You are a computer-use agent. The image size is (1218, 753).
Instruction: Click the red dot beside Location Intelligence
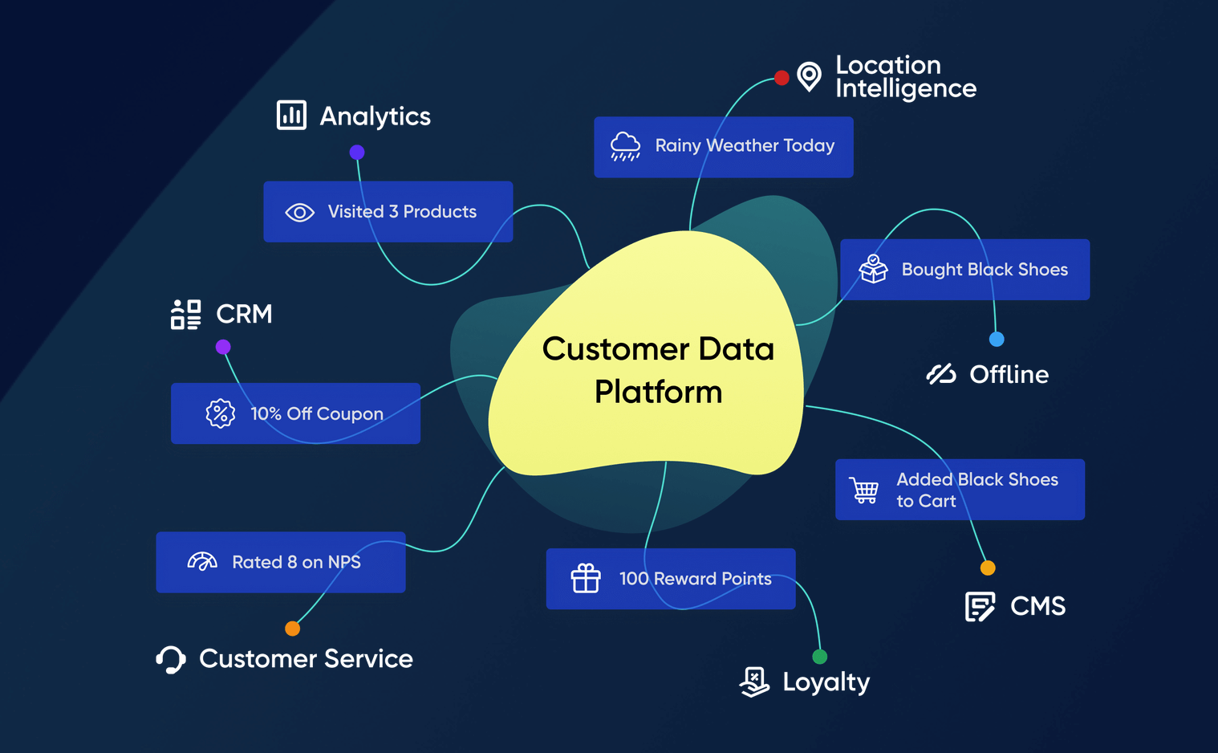(782, 78)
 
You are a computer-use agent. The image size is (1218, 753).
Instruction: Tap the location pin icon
(810, 76)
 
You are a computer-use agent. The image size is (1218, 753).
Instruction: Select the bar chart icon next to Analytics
(291, 115)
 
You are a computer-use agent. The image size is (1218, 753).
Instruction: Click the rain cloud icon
(625, 147)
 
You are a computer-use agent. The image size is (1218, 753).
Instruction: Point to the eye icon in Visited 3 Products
(300, 213)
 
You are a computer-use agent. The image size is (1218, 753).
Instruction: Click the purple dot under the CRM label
(223, 347)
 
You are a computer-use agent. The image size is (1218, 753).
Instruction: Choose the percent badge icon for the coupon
(221, 413)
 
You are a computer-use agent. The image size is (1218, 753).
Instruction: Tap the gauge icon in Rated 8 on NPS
(202, 561)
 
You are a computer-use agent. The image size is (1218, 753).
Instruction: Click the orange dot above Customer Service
(293, 629)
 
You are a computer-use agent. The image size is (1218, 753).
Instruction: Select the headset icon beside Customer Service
(171, 659)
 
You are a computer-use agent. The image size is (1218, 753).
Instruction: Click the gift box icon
(586, 578)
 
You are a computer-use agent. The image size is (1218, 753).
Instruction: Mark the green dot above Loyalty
(819, 657)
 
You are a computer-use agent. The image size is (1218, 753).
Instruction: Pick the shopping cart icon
(864, 490)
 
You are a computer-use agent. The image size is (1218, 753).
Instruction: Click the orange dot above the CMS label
(988, 568)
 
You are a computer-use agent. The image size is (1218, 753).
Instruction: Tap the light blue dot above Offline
(997, 339)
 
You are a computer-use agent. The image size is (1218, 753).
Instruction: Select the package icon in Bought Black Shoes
(873, 269)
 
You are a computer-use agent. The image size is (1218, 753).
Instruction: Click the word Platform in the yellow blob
(658, 392)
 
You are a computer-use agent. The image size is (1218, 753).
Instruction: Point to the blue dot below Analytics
(357, 152)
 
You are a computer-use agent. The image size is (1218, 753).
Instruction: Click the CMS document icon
(980, 606)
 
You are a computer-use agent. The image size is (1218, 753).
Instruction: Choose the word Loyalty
(826, 682)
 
